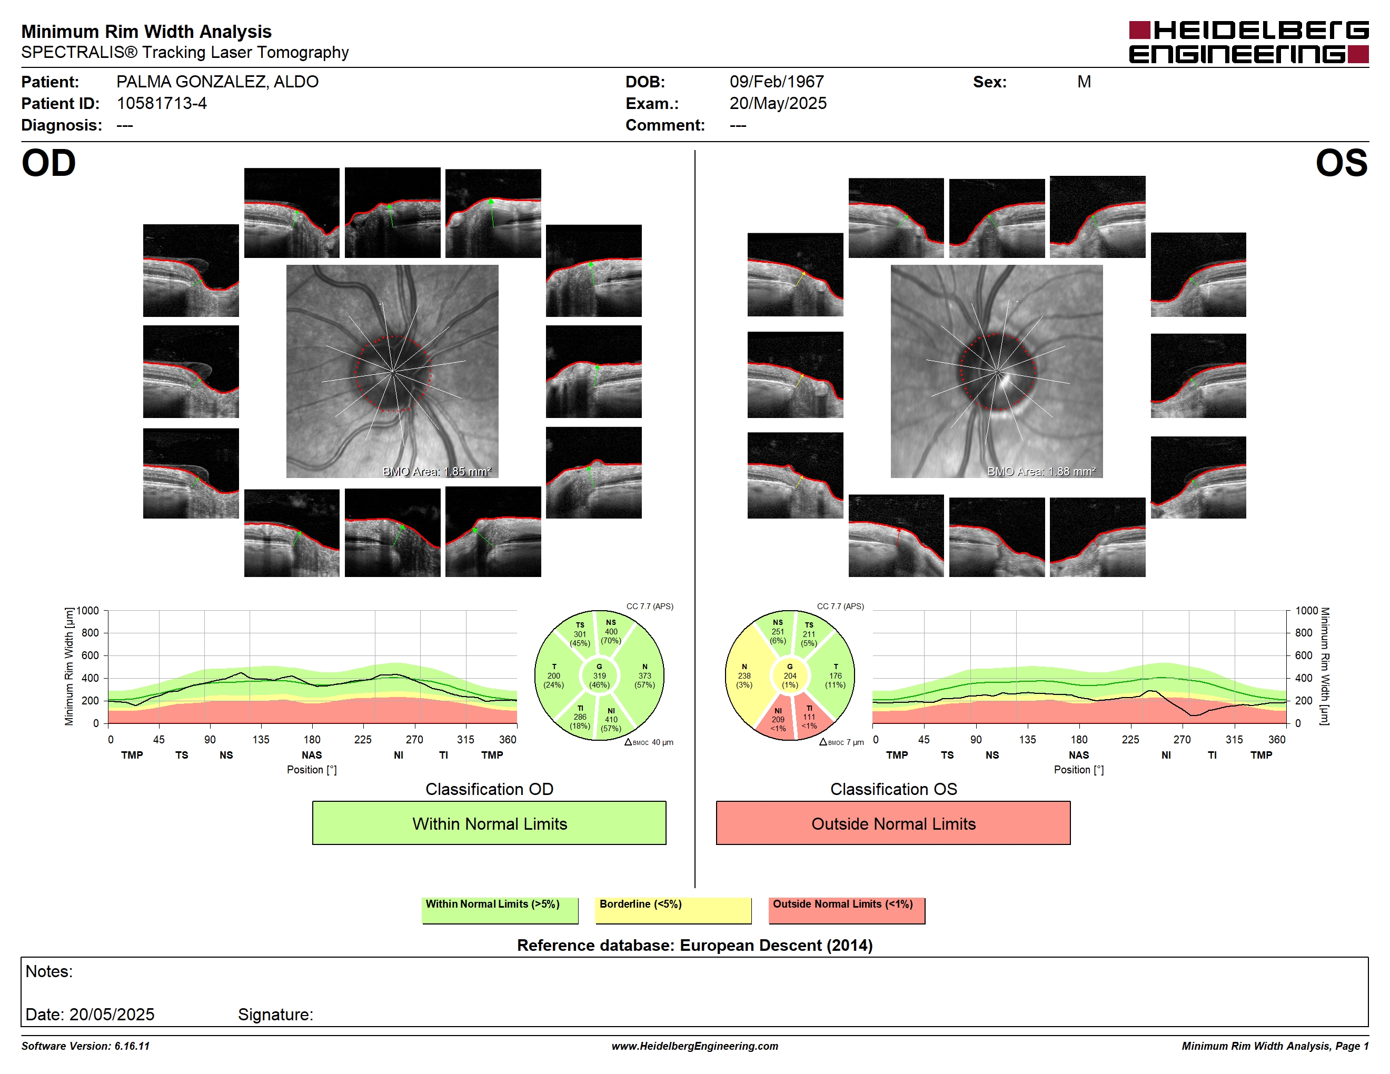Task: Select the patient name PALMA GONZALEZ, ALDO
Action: [217, 82]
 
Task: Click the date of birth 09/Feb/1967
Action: [777, 82]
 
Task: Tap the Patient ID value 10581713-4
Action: [162, 104]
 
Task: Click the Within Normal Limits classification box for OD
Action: [489, 823]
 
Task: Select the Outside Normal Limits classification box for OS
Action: [893, 823]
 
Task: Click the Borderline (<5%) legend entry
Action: [673, 910]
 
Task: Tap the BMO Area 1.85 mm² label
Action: [436, 472]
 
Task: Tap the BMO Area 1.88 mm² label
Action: [1041, 472]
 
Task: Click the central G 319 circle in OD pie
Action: [599, 675]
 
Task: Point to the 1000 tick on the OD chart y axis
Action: [88, 611]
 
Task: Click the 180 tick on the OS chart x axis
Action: [1079, 739]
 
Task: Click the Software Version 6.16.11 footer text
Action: [85, 1046]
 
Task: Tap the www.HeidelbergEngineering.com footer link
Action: [694, 1046]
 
